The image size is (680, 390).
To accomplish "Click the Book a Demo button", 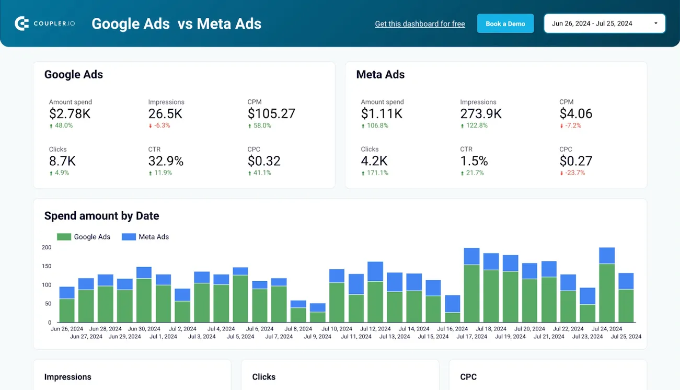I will click(x=505, y=24).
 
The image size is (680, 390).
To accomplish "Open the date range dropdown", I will click(x=604, y=24).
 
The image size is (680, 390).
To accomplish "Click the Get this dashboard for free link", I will click(x=420, y=24).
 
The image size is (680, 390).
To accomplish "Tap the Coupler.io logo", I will click(x=44, y=24).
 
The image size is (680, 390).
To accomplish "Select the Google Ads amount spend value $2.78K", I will click(x=70, y=113).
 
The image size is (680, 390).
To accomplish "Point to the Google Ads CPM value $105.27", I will click(x=271, y=113).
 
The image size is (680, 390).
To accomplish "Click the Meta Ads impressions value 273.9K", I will click(x=480, y=113).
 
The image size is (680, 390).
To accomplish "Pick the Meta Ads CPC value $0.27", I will click(x=575, y=161).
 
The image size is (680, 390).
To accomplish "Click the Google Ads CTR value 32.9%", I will click(x=166, y=161).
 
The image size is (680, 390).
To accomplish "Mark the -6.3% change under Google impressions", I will click(x=159, y=125).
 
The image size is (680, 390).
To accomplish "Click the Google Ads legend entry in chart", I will click(x=84, y=237).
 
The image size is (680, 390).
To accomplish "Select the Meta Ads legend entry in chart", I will click(x=146, y=237).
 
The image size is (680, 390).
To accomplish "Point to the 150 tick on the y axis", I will click(x=47, y=266).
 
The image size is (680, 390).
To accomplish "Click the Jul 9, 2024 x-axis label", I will click(x=318, y=337).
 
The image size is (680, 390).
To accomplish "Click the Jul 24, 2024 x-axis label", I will click(x=607, y=329).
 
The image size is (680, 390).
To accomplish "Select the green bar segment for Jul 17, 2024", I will click(x=471, y=293).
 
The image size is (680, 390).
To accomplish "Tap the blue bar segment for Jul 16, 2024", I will click(x=452, y=304).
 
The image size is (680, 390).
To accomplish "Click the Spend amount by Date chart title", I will click(x=101, y=216).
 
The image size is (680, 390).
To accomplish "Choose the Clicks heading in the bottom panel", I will click(x=263, y=377).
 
